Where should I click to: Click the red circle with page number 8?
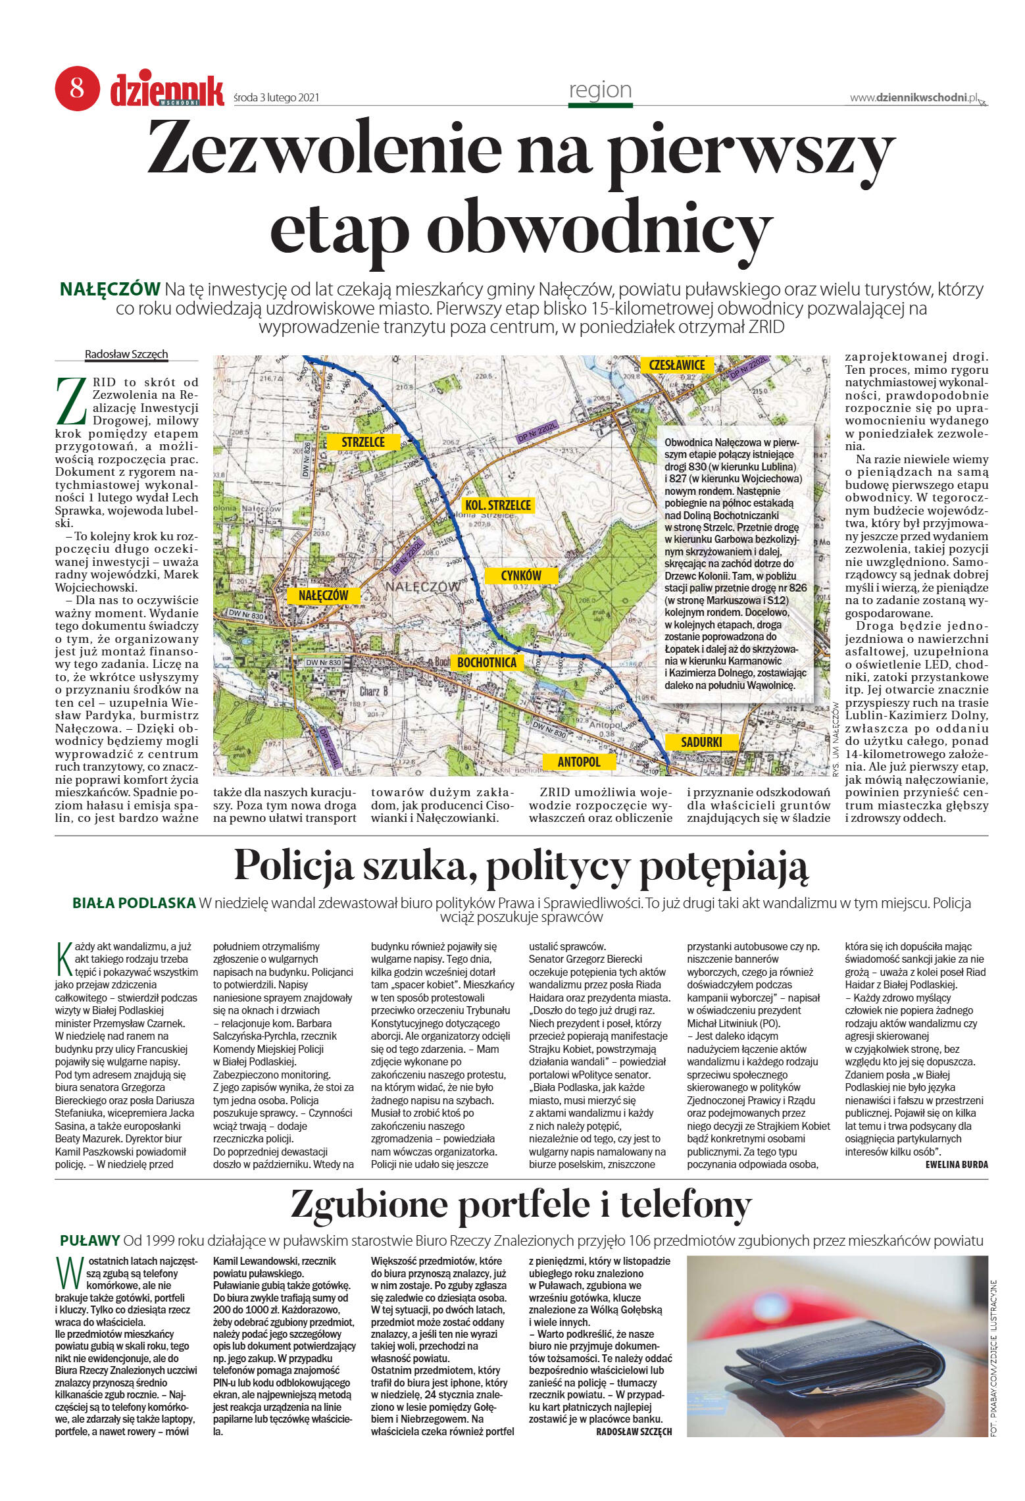(x=77, y=88)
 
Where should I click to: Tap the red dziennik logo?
(x=167, y=89)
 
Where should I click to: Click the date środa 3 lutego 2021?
(x=276, y=97)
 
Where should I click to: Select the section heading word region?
(x=600, y=89)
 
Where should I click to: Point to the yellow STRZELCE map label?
(x=363, y=442)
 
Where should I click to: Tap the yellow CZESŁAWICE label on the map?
(x=676, y=365)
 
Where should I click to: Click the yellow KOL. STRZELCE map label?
(x=497, y=505)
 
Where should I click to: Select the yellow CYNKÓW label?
(x=521, y=576)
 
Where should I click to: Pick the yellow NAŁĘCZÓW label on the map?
(x=323, y=596)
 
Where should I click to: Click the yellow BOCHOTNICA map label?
(x=487, y=663)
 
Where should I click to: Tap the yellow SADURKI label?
(x=701, y=742)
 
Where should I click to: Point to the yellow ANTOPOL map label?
(x=579, y=761)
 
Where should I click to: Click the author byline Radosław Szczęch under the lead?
(x=126, y=354)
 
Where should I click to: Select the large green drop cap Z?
(x=72, y=401)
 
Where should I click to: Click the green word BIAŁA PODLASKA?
(x=134, y=903)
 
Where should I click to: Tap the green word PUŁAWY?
(x=90, y=1240)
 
